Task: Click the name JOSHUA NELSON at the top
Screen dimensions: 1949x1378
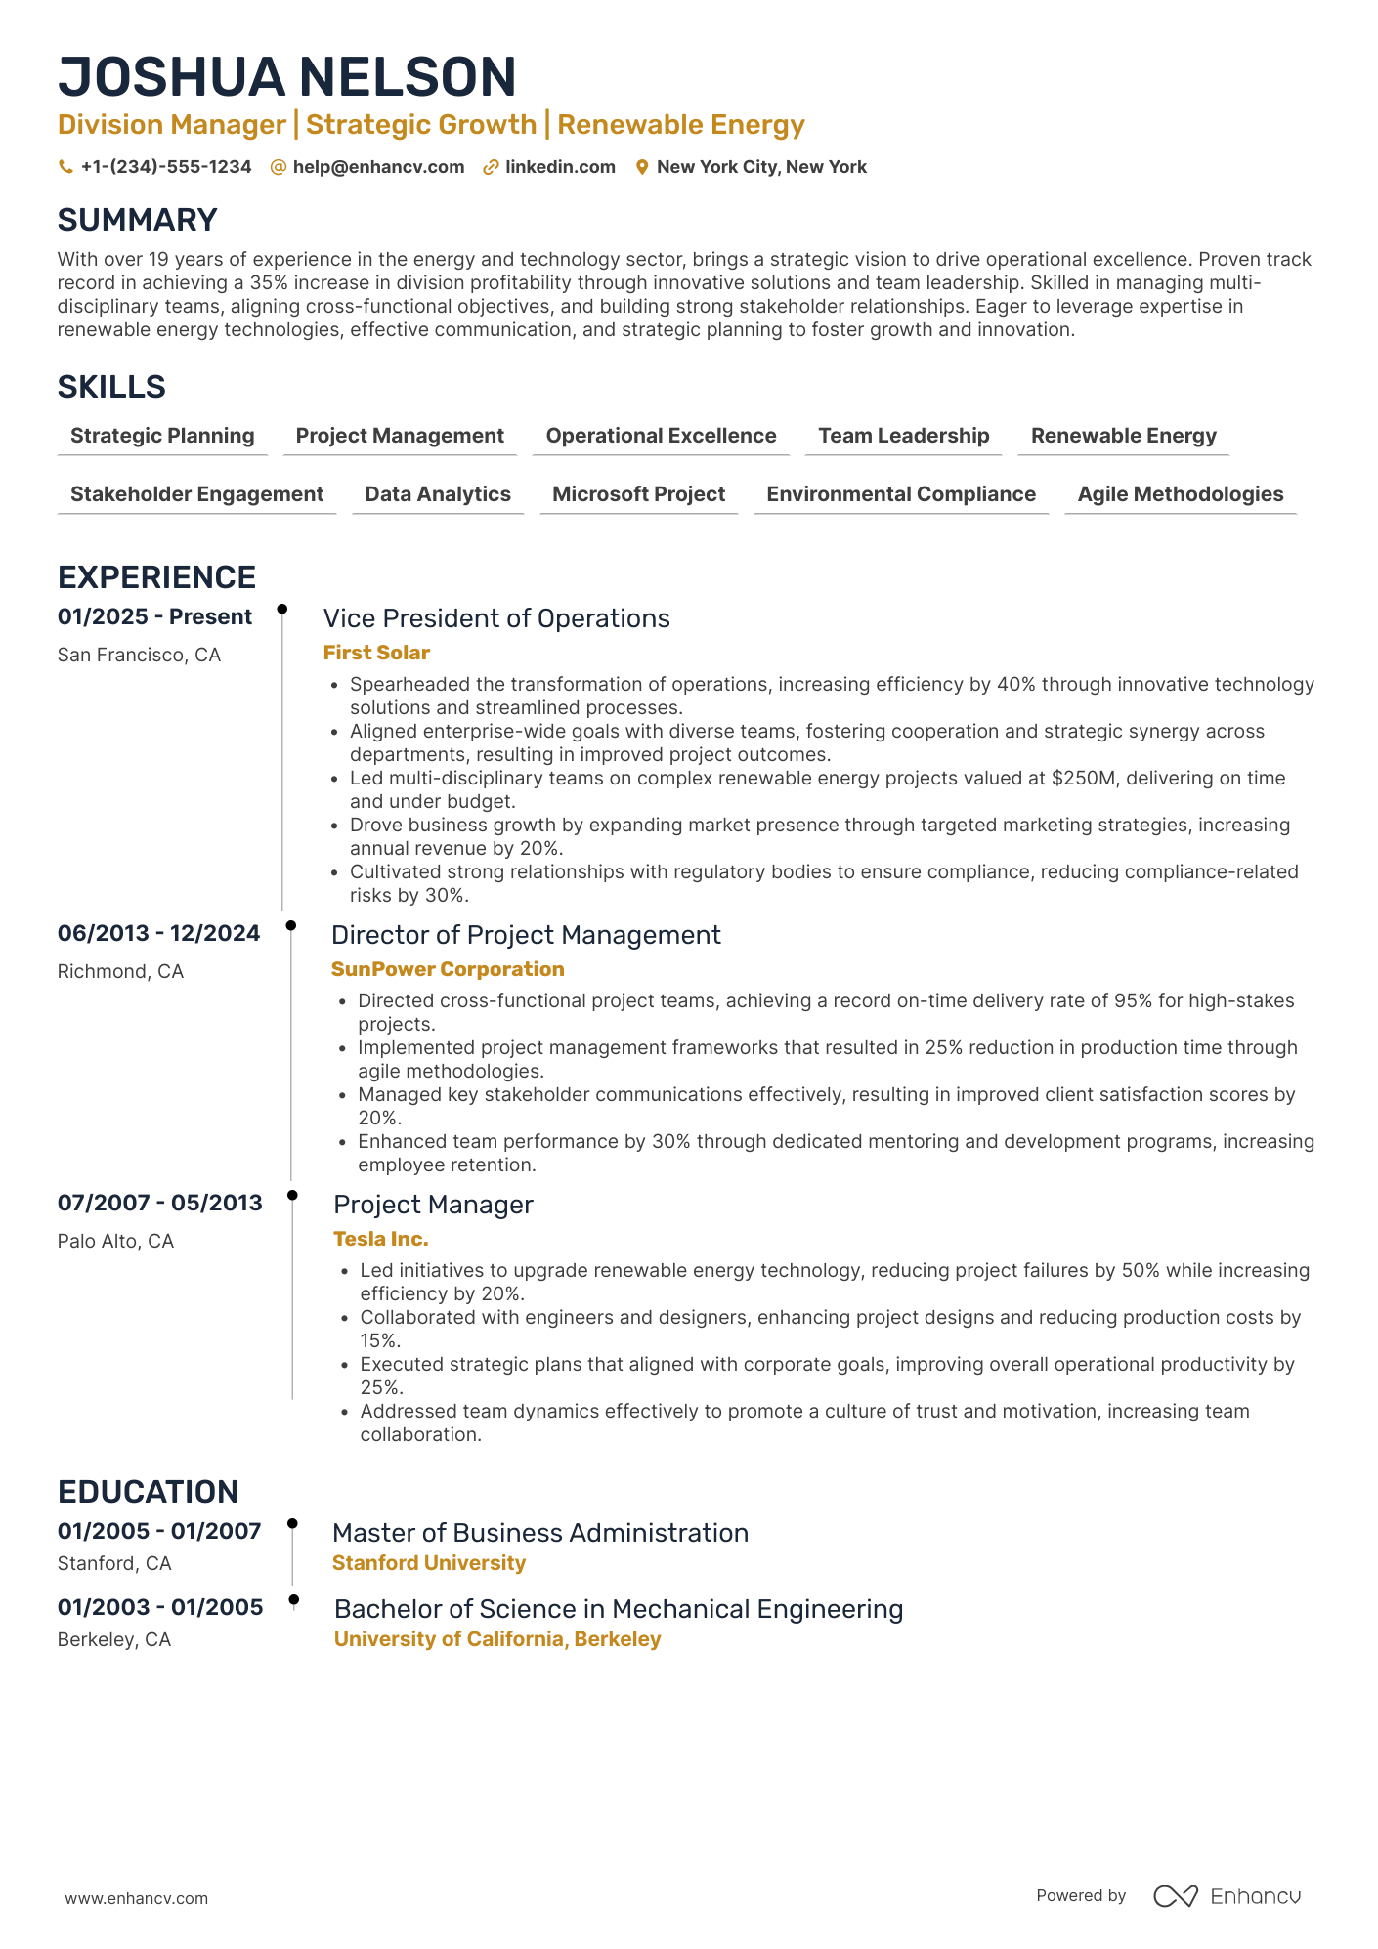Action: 286,77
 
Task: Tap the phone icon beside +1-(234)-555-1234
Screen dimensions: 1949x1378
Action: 65,167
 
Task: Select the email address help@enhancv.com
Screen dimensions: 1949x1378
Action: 378,167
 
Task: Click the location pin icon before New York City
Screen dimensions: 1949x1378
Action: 642,167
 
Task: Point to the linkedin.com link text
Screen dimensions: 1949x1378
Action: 560,167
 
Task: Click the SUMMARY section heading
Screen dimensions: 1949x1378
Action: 137,220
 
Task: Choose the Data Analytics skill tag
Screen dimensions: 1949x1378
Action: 437,494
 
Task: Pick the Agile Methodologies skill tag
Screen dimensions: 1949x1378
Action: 1180,494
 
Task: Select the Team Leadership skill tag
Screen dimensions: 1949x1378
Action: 903,436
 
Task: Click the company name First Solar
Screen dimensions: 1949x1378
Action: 376,653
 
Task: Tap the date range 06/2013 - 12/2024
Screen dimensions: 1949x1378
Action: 158,933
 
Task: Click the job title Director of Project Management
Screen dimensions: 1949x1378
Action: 526,935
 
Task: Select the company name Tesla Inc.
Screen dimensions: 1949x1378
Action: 380,1239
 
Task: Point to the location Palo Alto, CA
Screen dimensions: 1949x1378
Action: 115,1241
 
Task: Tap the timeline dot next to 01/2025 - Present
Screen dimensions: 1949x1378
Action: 282,609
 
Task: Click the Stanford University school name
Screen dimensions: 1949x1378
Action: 428,1563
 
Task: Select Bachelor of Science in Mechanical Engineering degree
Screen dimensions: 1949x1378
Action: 618,1609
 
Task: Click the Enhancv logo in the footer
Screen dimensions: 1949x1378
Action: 1227,1896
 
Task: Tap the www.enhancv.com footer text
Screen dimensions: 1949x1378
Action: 136,1898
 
